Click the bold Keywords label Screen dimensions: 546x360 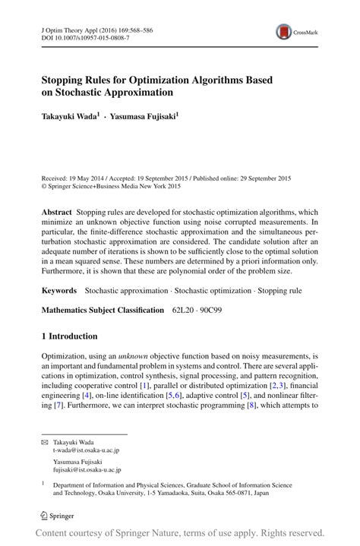tap(59, 290)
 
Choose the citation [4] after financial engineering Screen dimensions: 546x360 tap(89, 396)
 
